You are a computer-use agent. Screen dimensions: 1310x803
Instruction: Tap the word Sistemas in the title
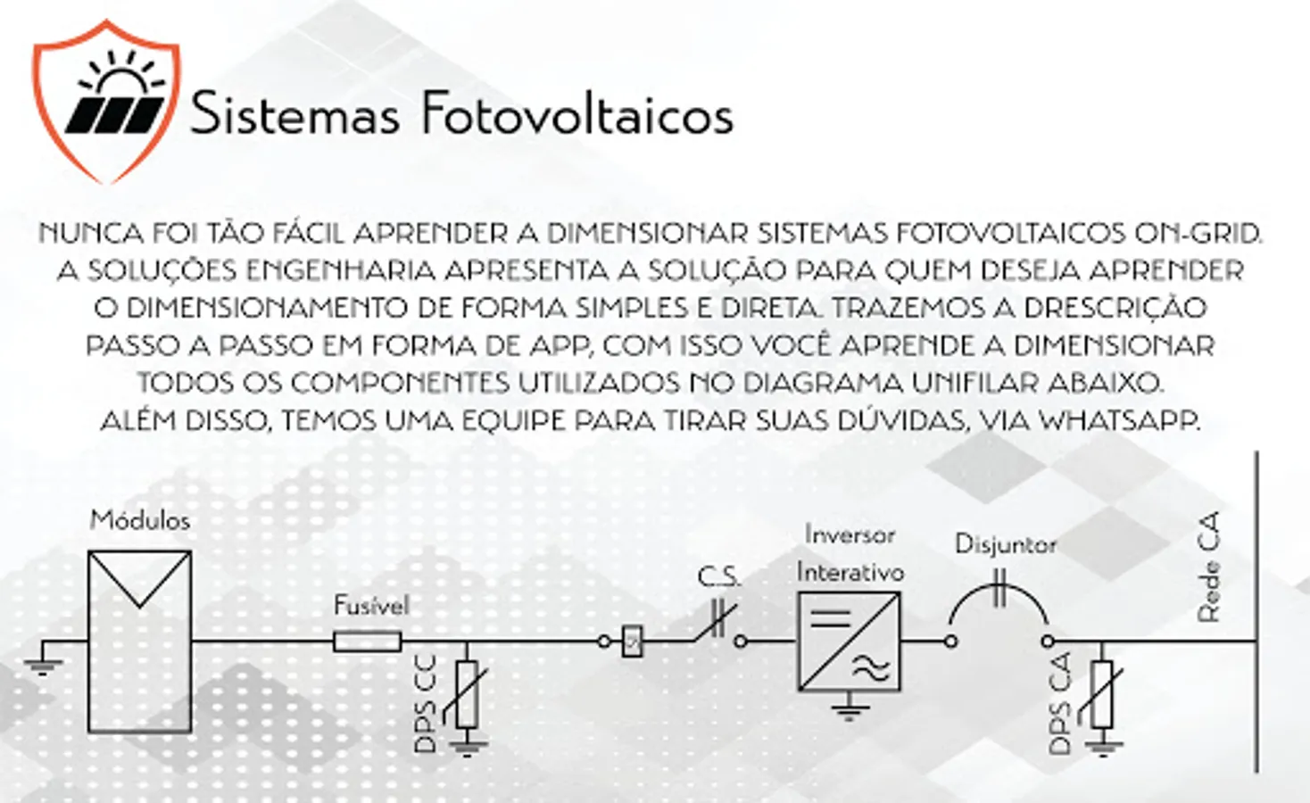coord(295,112)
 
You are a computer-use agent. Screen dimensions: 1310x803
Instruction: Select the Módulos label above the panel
coord(140,520)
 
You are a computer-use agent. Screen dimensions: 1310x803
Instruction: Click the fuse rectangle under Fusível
coord(368,642)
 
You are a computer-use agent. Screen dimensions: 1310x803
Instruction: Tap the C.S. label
coord(718,577)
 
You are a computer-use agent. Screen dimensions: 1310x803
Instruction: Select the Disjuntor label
coord(1006,544)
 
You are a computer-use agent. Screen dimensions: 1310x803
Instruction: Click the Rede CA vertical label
coord(1209,567)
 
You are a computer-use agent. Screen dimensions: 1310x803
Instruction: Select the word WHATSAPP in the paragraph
coord(1119,420)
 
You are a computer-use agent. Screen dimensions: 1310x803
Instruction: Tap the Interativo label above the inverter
coord(850,571)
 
